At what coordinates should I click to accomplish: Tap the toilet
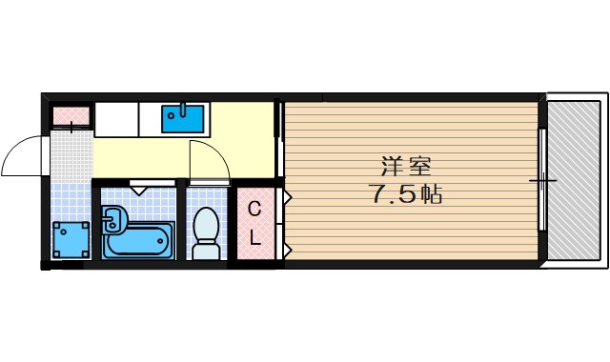pos(206,229)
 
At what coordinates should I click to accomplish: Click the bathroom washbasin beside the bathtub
pos(112,222)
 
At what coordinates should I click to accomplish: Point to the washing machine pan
pos(71,239)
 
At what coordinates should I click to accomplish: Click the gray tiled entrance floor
pos(70,157)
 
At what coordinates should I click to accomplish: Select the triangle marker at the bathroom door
pos(140,189)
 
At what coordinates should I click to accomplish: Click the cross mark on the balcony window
pos(543,179)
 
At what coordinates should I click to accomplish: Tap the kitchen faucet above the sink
pos(181,109)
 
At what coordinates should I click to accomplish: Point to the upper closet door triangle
pos(287,197)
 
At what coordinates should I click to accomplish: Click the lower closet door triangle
pos(287,250)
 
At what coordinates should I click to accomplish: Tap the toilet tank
pos(206,251)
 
